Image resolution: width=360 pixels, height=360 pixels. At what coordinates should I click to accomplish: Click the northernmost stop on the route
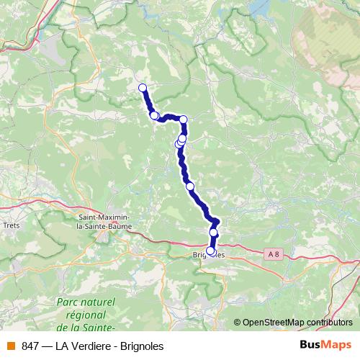[143, 88]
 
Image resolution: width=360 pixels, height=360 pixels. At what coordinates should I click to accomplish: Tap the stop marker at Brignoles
[210, 251]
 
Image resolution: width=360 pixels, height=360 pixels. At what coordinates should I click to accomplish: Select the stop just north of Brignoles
[214, 233]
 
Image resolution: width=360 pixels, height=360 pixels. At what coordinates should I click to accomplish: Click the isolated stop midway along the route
[191, 186]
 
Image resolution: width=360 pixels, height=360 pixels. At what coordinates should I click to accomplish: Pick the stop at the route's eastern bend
[184, 120]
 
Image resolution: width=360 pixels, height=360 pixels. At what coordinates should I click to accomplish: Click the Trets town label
[12, 225]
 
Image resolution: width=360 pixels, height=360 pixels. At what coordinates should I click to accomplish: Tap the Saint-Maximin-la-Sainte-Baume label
[103, 221]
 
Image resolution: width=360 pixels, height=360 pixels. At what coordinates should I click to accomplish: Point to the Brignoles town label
[209, 255]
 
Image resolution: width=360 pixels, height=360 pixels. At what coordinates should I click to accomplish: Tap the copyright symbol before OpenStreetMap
[237, 322]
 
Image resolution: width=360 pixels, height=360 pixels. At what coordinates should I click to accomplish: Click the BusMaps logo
[325, 346]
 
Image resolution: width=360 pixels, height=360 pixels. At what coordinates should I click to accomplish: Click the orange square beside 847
[11, 346]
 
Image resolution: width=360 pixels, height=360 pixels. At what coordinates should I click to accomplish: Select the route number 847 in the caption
[30, 346]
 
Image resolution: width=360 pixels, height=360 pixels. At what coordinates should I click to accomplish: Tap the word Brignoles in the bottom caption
[142, 346]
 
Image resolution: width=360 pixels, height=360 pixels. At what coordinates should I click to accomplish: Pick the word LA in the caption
[63, 346]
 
